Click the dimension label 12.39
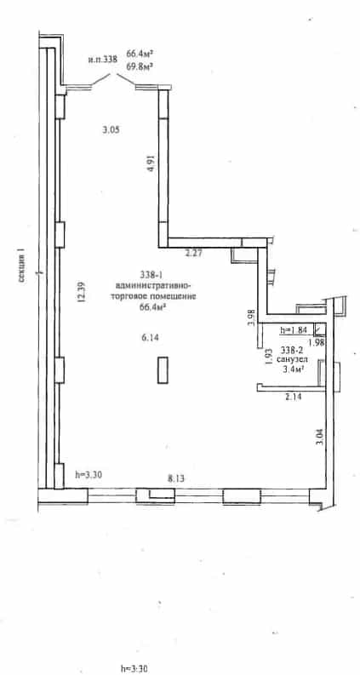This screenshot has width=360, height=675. [81, 292]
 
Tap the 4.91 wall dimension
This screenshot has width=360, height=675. [151, 164]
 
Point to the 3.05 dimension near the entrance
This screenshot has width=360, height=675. [111, 129]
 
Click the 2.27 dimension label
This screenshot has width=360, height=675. [193, 254]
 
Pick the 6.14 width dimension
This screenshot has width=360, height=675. [151, 338]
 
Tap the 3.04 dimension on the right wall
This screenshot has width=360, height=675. [319, 437]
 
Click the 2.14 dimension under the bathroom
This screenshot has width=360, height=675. [293, 398]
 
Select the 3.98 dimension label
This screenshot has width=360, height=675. [253, 318]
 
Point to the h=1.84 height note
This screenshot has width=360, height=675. [293, 330]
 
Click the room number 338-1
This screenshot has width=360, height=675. [151, 274]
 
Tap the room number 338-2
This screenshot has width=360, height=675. [292, 349]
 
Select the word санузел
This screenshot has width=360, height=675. [293, 358]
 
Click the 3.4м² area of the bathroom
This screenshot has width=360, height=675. [293, 368]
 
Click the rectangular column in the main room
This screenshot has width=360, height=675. [163, 370]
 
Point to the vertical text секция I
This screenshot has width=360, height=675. [22, 268]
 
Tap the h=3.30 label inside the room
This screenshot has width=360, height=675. [89, 475]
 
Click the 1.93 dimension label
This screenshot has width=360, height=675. [269, 357]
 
